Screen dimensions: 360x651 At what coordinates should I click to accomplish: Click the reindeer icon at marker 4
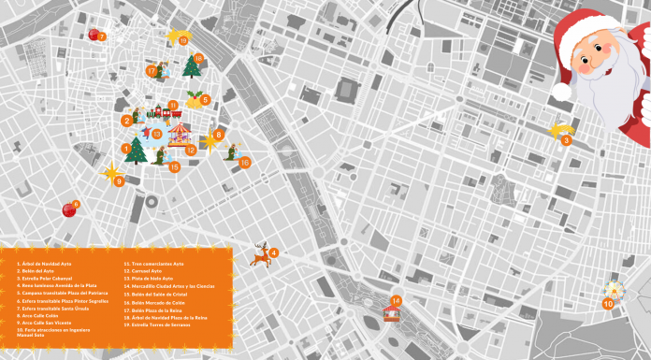260,254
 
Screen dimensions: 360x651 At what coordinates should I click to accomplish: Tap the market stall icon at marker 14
392,312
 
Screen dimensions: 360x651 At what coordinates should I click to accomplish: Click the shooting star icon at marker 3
559,130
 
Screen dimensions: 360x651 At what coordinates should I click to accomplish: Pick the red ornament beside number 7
94,35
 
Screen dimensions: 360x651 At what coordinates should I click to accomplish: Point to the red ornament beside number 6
68,209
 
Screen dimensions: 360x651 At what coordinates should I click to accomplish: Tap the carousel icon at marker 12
178,137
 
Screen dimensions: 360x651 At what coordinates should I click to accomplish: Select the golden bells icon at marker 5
194,96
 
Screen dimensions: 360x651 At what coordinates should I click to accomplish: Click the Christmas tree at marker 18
193,67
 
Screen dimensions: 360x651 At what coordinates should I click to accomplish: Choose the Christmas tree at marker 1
137,150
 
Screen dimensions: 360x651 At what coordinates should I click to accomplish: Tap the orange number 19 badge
183,41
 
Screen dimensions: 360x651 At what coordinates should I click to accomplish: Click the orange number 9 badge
120,181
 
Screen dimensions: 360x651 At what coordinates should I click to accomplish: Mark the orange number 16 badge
245,162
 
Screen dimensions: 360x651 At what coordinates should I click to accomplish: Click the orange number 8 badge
219,135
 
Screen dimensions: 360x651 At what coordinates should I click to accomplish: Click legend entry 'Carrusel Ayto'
149,272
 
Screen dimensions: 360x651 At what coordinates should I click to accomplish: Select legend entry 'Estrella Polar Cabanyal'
47,279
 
